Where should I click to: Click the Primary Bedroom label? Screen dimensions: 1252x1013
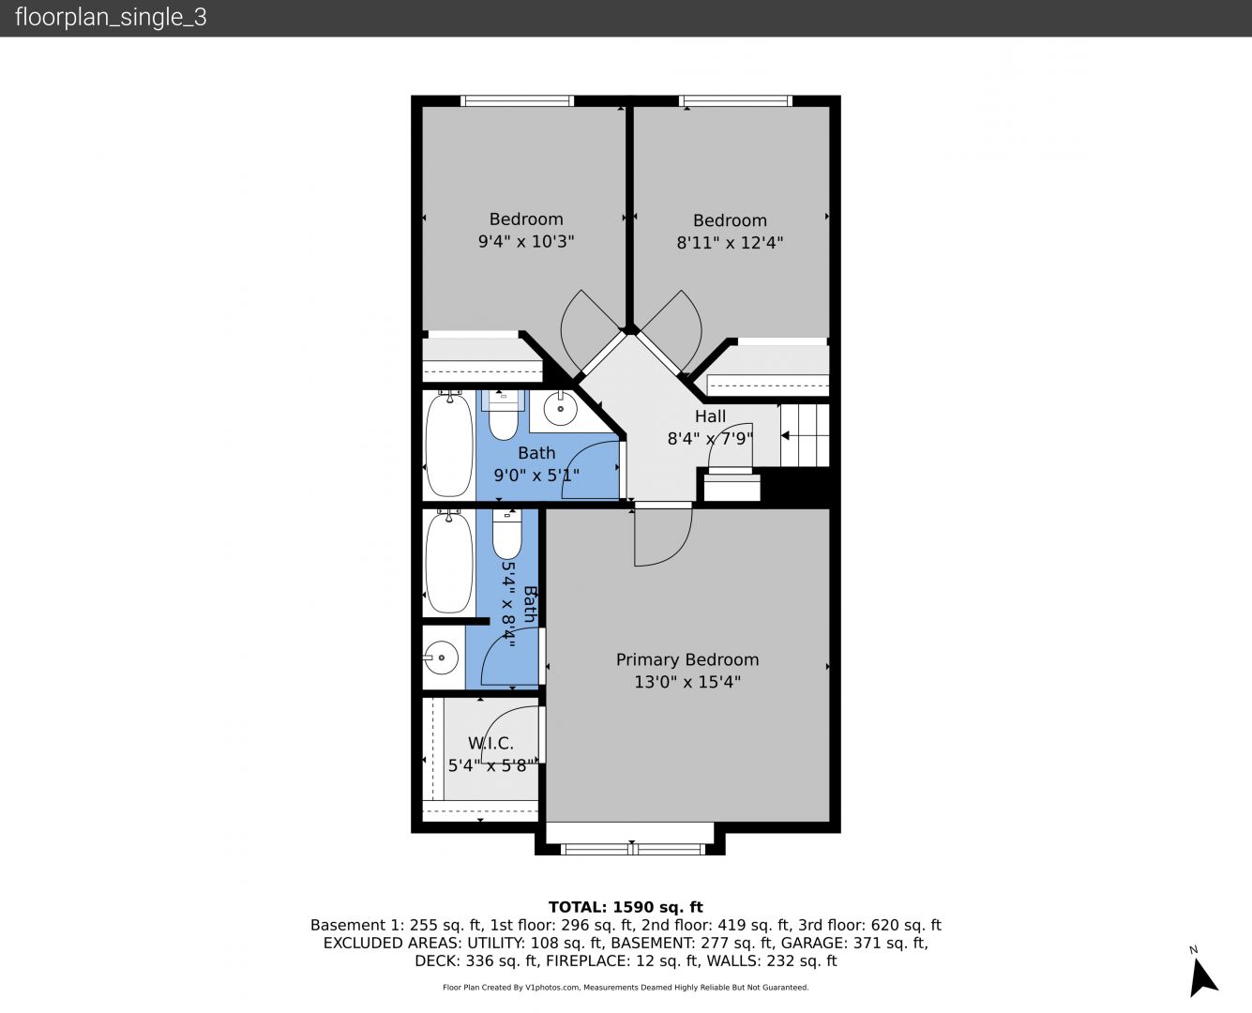coord(687,659)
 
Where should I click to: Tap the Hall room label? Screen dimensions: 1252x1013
coord(710,416)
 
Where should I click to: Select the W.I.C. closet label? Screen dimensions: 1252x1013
coord(490,743)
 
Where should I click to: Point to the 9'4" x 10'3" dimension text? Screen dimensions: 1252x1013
coord(526,242)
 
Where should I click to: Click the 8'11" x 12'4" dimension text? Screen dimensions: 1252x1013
coord(730,243)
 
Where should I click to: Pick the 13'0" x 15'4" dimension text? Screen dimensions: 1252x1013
coord(687,682)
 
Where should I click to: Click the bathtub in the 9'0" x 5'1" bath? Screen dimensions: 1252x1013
coord(449,445)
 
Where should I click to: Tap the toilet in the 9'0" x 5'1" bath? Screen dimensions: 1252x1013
coord(504,416)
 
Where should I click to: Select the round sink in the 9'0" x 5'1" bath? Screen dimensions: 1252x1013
coord(560,409)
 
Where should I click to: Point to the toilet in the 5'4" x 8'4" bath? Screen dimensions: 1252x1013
coord(506,534)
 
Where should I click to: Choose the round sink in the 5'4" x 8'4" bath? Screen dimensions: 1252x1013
coord(442,658)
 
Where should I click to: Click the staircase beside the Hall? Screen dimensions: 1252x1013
coord(805,435)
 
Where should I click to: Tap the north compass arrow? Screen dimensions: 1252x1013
coord(1202,977)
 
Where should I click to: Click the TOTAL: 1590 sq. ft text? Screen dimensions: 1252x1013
coord(626,907)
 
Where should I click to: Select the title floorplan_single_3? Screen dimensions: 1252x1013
coord(111,18)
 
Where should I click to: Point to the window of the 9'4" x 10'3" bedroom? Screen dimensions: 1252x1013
coord(517,101)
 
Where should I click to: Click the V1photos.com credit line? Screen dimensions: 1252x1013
coord(626,987)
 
